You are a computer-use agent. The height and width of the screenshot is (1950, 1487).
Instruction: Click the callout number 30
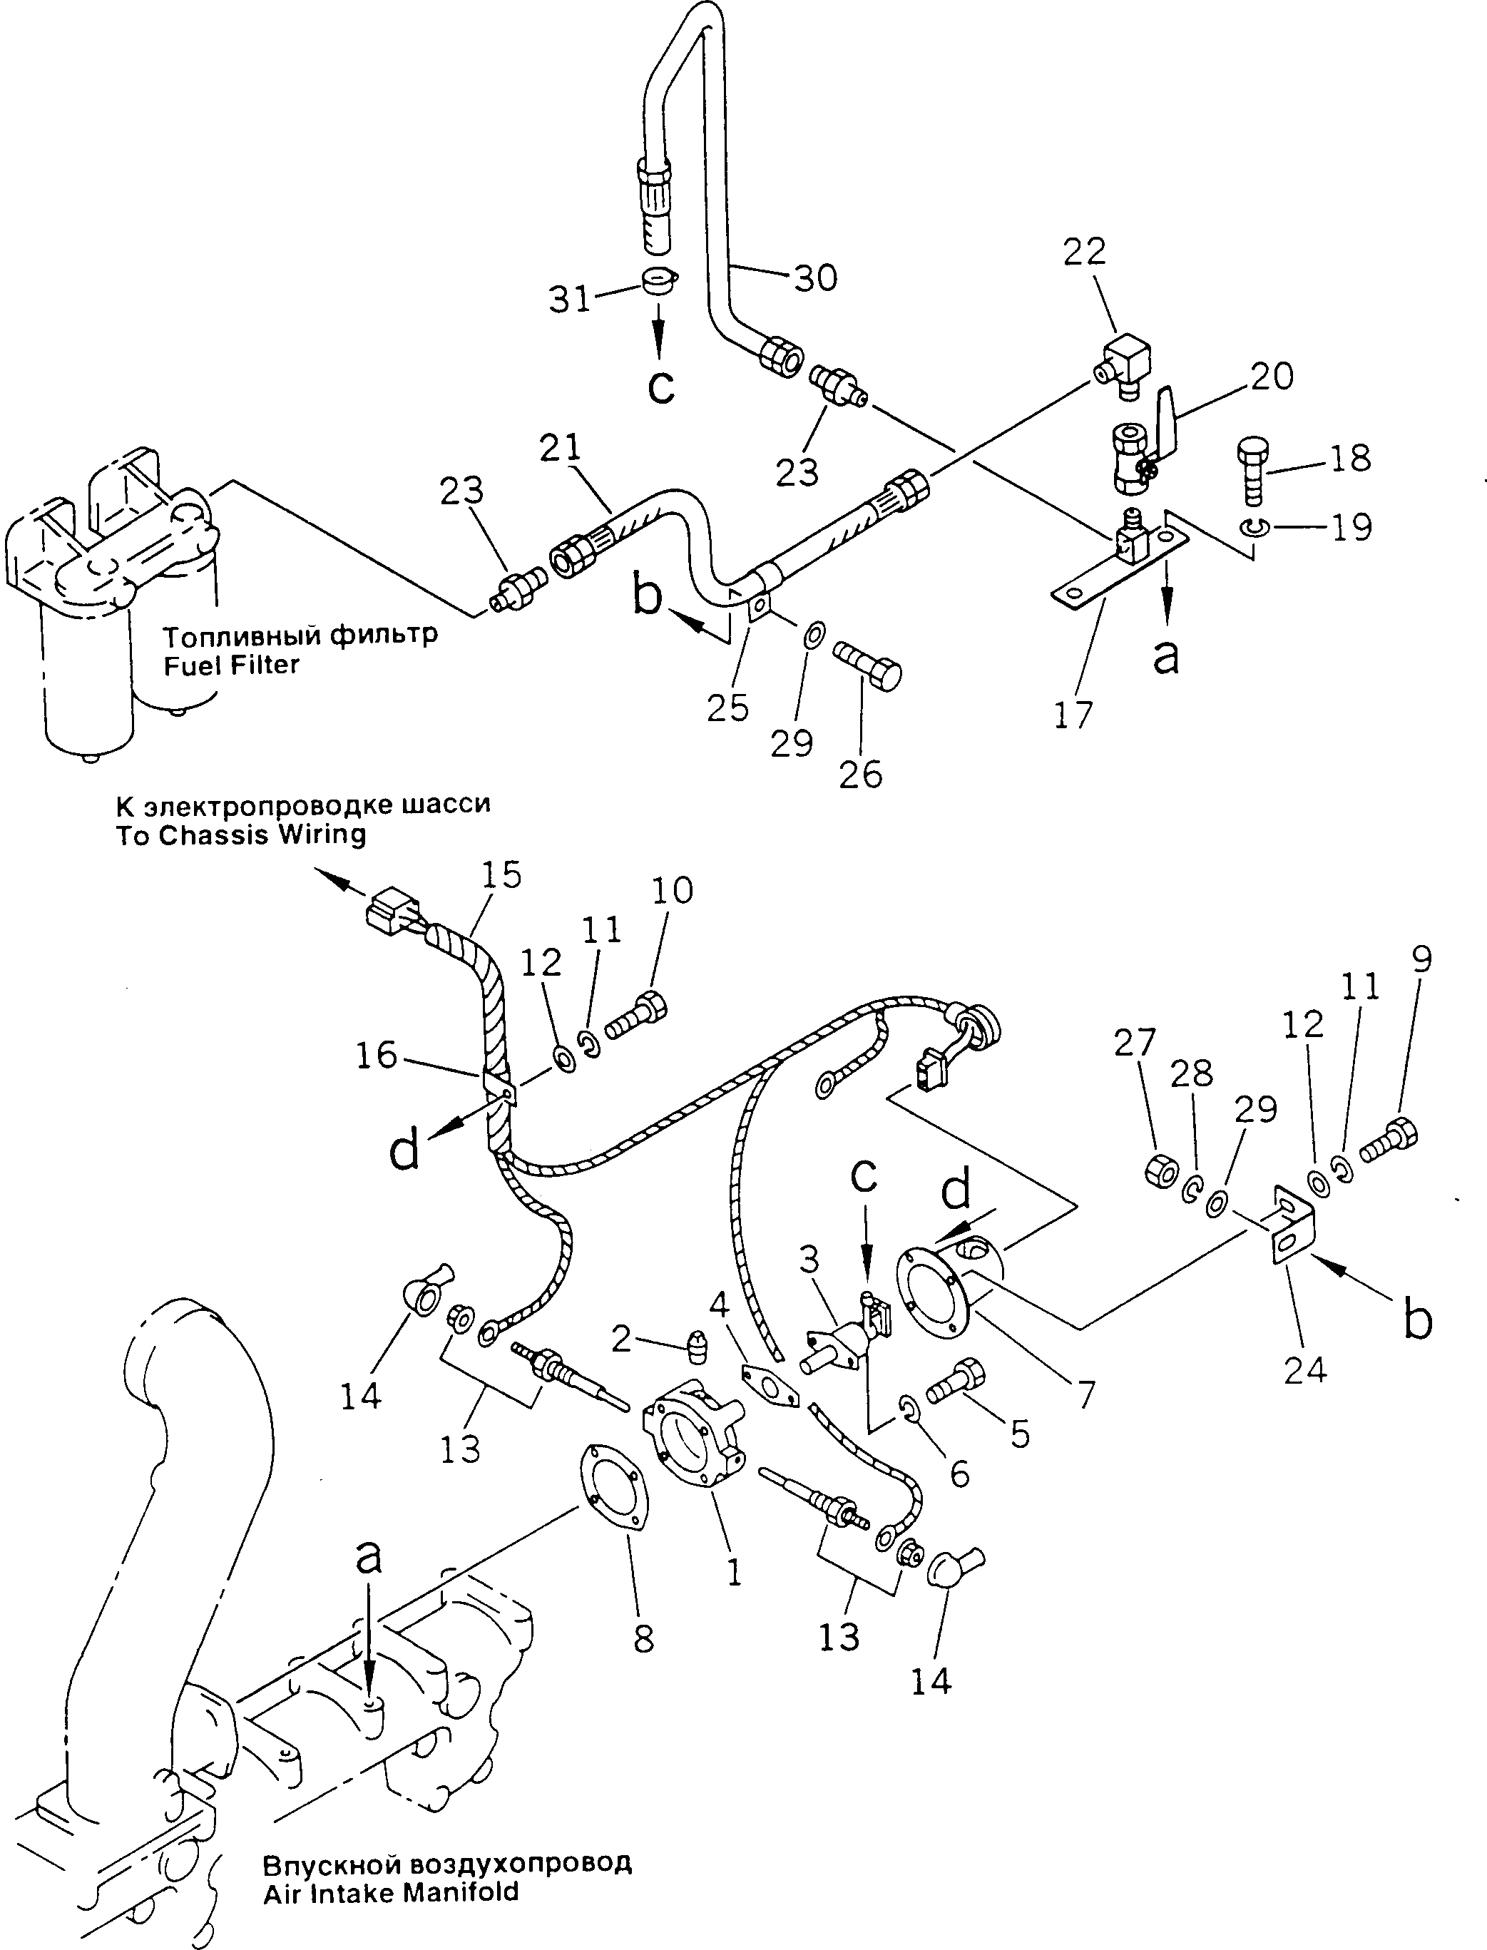(815, 278)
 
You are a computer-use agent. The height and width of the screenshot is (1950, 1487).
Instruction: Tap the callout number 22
(1084, 252)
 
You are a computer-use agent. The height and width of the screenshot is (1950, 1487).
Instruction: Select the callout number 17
(1073, 715)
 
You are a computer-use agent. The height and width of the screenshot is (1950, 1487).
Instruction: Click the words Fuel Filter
(232, 665)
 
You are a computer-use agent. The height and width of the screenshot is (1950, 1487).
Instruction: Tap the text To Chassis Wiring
(241, 834)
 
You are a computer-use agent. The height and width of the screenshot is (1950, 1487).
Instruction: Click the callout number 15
(501, 874)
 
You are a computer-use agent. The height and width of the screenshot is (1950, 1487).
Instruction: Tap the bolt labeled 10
(635, 1014)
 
